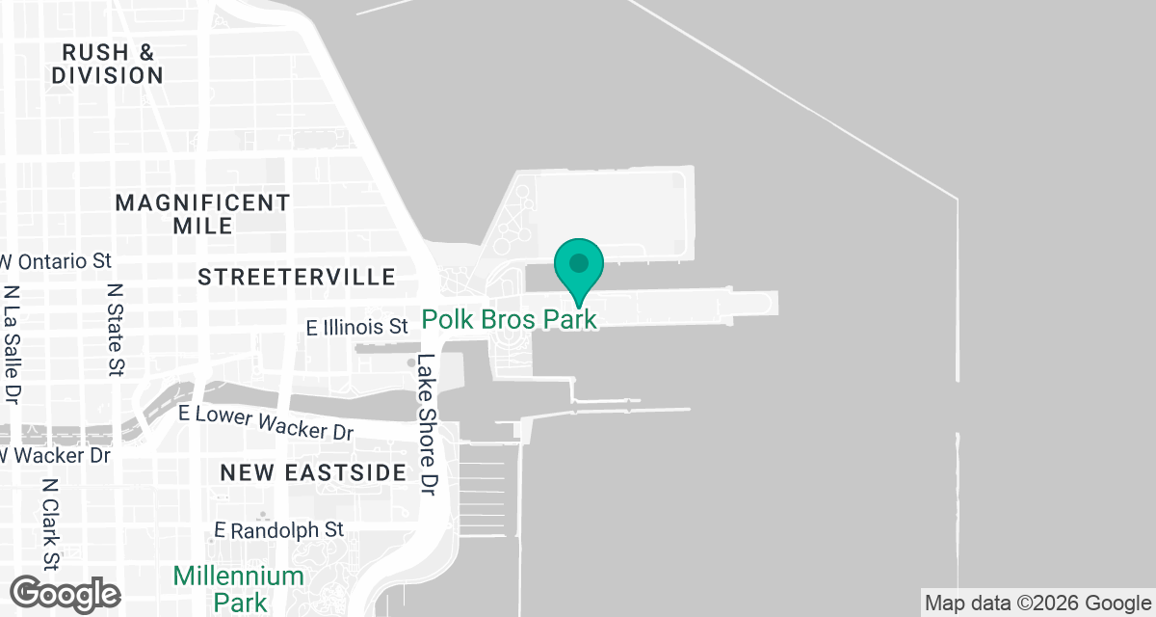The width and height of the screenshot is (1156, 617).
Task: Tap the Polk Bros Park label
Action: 511,319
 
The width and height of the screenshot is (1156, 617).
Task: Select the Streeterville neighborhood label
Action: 297,278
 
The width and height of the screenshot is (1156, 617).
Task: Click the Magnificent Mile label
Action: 202,214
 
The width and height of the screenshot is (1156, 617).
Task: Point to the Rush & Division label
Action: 107,63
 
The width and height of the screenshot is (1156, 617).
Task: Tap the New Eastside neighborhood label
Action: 313,472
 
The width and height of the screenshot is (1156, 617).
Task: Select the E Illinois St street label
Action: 357,328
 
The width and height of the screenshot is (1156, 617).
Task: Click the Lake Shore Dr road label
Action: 427,425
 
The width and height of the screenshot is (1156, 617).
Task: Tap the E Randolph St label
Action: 278,530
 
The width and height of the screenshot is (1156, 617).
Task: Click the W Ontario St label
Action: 58,261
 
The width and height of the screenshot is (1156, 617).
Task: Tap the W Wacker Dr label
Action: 56,454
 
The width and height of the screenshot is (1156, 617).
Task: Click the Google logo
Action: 65,592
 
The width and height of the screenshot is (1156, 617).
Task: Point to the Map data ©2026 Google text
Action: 1037,604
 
